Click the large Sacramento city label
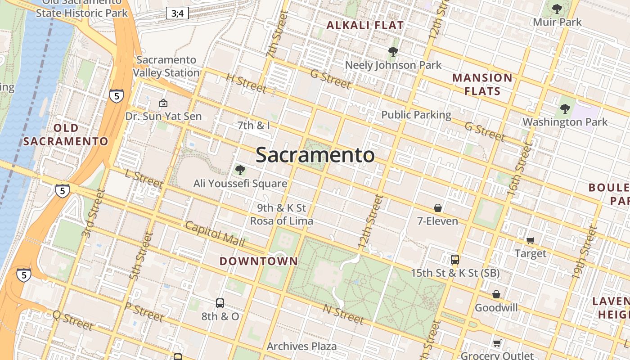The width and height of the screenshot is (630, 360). coord(315,155)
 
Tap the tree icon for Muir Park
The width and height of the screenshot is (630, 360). coord(557,9)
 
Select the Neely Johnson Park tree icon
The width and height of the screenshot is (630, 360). coord(393,52)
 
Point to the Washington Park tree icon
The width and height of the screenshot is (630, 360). coord(565,108)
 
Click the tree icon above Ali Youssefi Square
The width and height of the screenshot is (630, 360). coord(240,170)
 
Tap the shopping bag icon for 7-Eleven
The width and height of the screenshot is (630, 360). coord(437,207)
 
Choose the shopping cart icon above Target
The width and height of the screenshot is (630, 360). coord(530,240)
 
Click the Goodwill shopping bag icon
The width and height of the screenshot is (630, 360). coord(496,294)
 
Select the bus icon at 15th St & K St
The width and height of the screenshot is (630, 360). coord(455,259)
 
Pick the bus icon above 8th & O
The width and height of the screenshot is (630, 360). coord(220,303)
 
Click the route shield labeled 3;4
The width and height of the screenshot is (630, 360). coord(177,13)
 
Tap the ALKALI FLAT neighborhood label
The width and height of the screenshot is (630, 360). coord(365,26)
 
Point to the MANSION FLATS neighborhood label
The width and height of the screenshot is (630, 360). coord(482,85)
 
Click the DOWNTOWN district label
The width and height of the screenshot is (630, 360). coord(259,261)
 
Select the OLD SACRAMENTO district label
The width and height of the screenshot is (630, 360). coord(66,135)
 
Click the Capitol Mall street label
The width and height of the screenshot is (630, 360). coord(215,234)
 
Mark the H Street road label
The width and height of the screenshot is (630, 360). coord(246,83)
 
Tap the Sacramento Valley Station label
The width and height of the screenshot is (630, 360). coord(166,66)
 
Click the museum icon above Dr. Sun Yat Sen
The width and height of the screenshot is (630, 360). coord(163,103)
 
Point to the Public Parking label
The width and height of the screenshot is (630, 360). coord(416,115)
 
